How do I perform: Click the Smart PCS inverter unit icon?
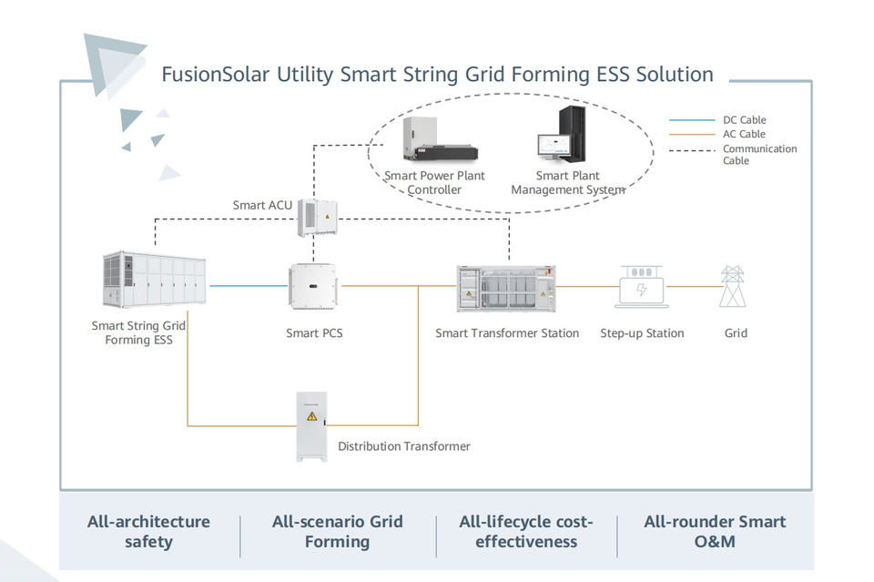coord(313,287)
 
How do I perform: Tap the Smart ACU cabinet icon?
coord(317,218)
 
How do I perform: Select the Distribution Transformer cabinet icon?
coord(311,426)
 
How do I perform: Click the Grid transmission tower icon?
coord(732,286)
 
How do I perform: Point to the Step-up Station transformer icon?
coord(642,287)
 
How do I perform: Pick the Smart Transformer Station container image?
coord(506,288)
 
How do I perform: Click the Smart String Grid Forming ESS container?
coord(155,280)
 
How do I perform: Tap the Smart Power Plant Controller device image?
coord(440,139)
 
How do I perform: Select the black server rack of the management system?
coord(573,134)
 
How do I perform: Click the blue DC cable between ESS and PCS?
coord(249,286)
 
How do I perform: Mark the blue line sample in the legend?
coord(692,120)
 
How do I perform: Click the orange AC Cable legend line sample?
coord(692,135)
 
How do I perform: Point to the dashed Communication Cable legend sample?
coord(692,150)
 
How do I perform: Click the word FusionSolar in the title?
coord(216,74)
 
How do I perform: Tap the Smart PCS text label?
coord(314,332)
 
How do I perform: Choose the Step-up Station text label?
coord(642,332)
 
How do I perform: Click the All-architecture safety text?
coord(148,531)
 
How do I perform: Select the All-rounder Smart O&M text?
coord(715,531)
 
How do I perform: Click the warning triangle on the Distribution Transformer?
coord(311,416)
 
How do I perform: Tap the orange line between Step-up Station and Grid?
coord(695,287)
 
